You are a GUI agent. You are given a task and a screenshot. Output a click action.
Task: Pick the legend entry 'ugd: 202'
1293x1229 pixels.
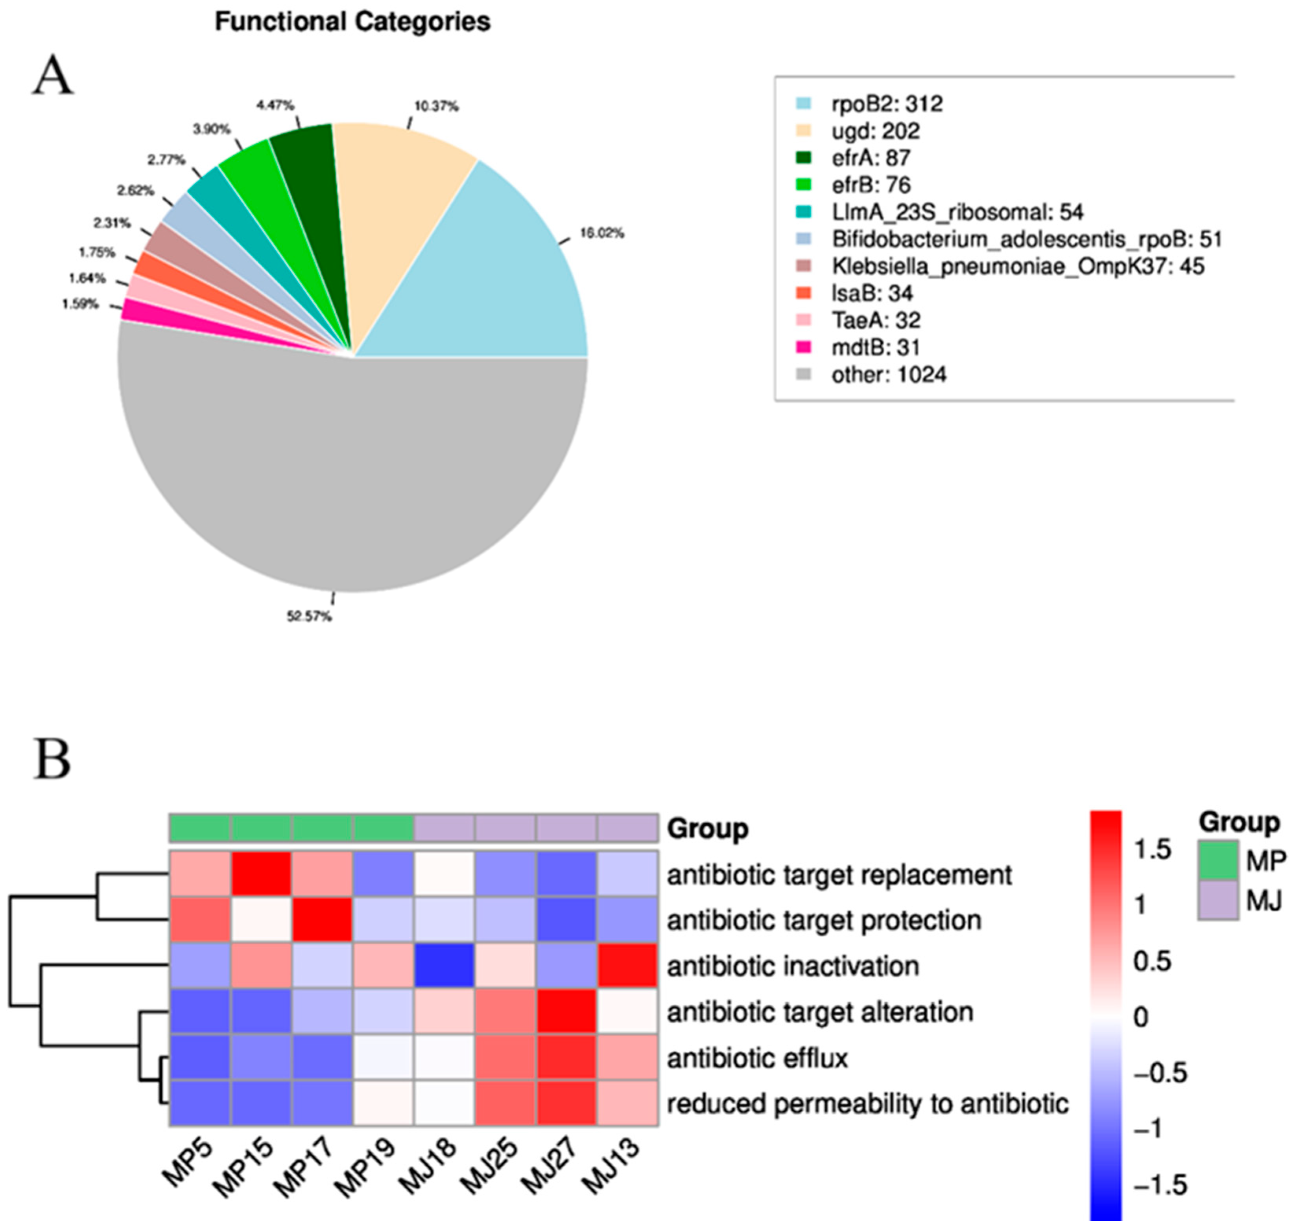point(876,131)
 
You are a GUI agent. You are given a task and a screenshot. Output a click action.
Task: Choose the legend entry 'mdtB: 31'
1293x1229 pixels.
point(876,347)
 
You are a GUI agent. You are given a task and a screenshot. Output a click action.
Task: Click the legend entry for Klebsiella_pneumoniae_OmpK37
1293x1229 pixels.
point(1017,266)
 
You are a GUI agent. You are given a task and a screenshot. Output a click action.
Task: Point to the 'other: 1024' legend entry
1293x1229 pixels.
point(889,375)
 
